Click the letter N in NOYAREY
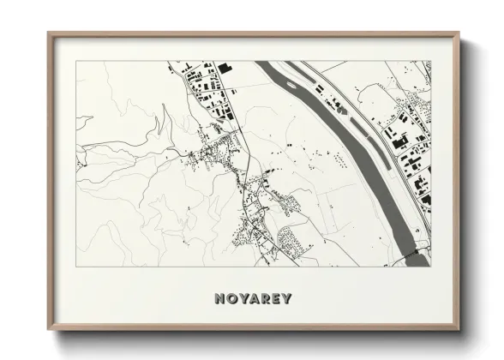213,299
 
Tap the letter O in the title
226,299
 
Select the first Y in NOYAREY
238,299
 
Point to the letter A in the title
251,299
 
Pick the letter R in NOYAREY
263,299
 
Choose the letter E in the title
274,299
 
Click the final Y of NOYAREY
286,299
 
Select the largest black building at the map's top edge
224,66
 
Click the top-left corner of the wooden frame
49,33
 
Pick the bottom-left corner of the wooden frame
49,331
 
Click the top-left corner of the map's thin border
76,61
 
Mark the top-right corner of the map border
431,61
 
